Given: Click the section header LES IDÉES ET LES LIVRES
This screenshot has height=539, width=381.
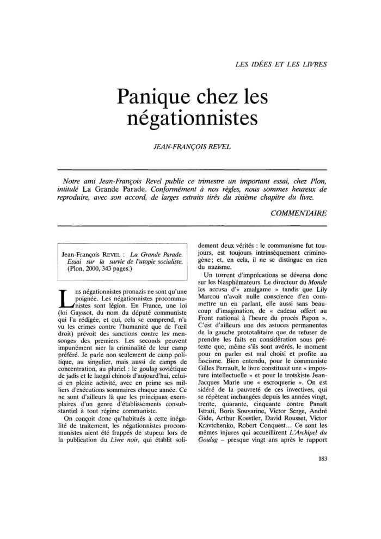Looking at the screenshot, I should point(280,64).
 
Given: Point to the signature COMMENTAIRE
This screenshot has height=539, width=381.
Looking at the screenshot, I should point(299,213).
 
